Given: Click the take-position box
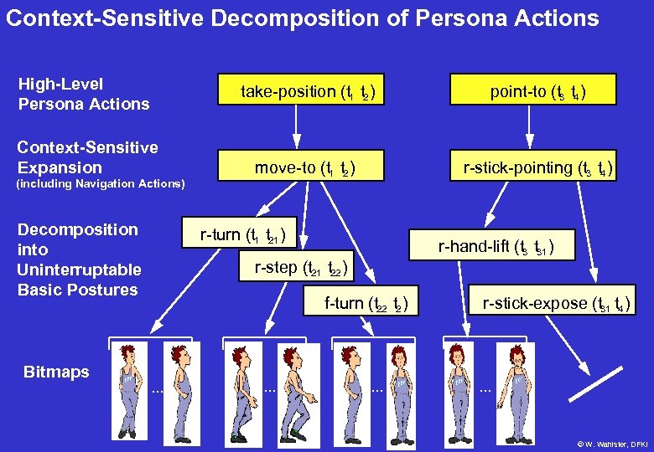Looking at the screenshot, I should click(308, 91).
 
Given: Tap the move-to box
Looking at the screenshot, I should click(307, 167).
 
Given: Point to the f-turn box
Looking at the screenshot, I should click(366, 304).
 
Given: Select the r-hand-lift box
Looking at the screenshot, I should click(496, 246).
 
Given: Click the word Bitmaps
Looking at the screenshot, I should click(56, 372).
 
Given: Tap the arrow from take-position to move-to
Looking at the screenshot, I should click(294, 129).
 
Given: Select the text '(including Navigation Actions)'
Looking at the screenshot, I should click(101, 183).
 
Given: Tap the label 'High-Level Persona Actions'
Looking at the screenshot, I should click(83, 94).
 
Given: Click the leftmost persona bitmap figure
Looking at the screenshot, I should click(128, 389).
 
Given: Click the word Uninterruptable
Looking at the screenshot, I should click(79, 270).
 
